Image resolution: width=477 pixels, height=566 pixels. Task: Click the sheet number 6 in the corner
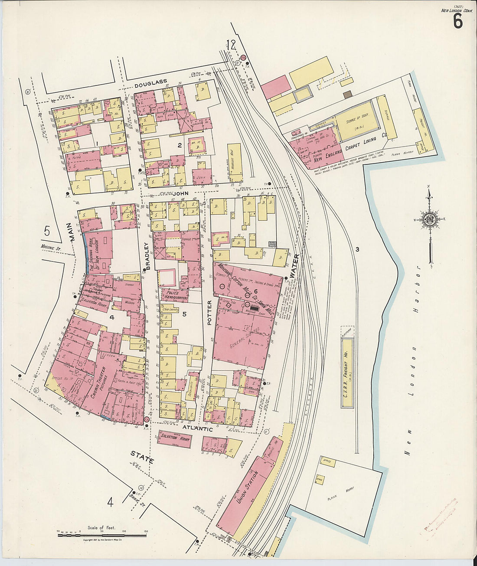click(458, 21)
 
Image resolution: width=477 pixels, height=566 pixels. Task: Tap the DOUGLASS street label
click(150, 86)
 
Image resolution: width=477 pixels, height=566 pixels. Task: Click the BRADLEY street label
click(147, 256)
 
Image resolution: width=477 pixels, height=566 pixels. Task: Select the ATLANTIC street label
click(197, 429)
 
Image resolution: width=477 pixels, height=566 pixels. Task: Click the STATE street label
click(142, 457)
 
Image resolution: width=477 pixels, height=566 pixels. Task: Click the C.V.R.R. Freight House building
click(347, 373)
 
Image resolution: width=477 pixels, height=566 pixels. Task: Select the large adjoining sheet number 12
click(230, 44)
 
